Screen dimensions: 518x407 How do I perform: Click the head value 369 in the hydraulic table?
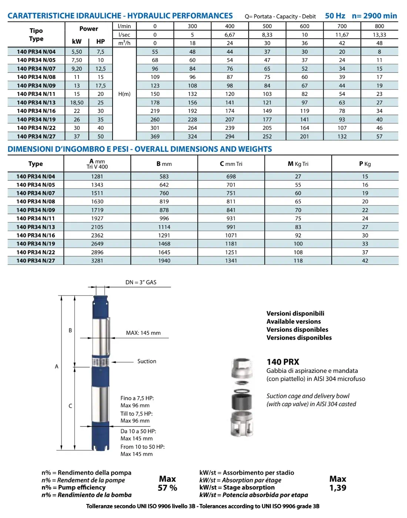(155, 136)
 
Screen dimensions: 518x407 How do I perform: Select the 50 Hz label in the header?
(335, 16)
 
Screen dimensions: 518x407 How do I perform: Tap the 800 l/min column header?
(379, 26)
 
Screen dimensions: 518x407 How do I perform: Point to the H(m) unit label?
(124, 94)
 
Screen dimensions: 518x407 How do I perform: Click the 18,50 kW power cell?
(77, 103)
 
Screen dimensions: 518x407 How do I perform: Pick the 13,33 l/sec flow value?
(379, 35)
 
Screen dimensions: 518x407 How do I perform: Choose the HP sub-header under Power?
(100, 41)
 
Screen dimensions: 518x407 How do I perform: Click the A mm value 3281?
(97, 261)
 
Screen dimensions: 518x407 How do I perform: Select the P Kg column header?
(365, 164)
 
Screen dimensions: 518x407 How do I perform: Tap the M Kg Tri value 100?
(298, 244)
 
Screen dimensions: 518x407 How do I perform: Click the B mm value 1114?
(164, 227)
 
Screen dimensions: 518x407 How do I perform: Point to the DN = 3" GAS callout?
(141, 282)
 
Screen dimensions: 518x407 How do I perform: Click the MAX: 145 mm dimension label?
(143, 333)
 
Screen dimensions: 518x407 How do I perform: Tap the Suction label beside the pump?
(147, 361)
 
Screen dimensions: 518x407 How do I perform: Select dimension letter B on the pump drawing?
(70, 330)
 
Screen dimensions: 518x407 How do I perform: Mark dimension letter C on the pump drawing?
(70, 406)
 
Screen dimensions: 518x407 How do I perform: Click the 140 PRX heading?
(283, 362)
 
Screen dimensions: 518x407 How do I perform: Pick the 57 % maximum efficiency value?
(167, 488)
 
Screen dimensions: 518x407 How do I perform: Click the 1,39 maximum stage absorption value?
(338, 488)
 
